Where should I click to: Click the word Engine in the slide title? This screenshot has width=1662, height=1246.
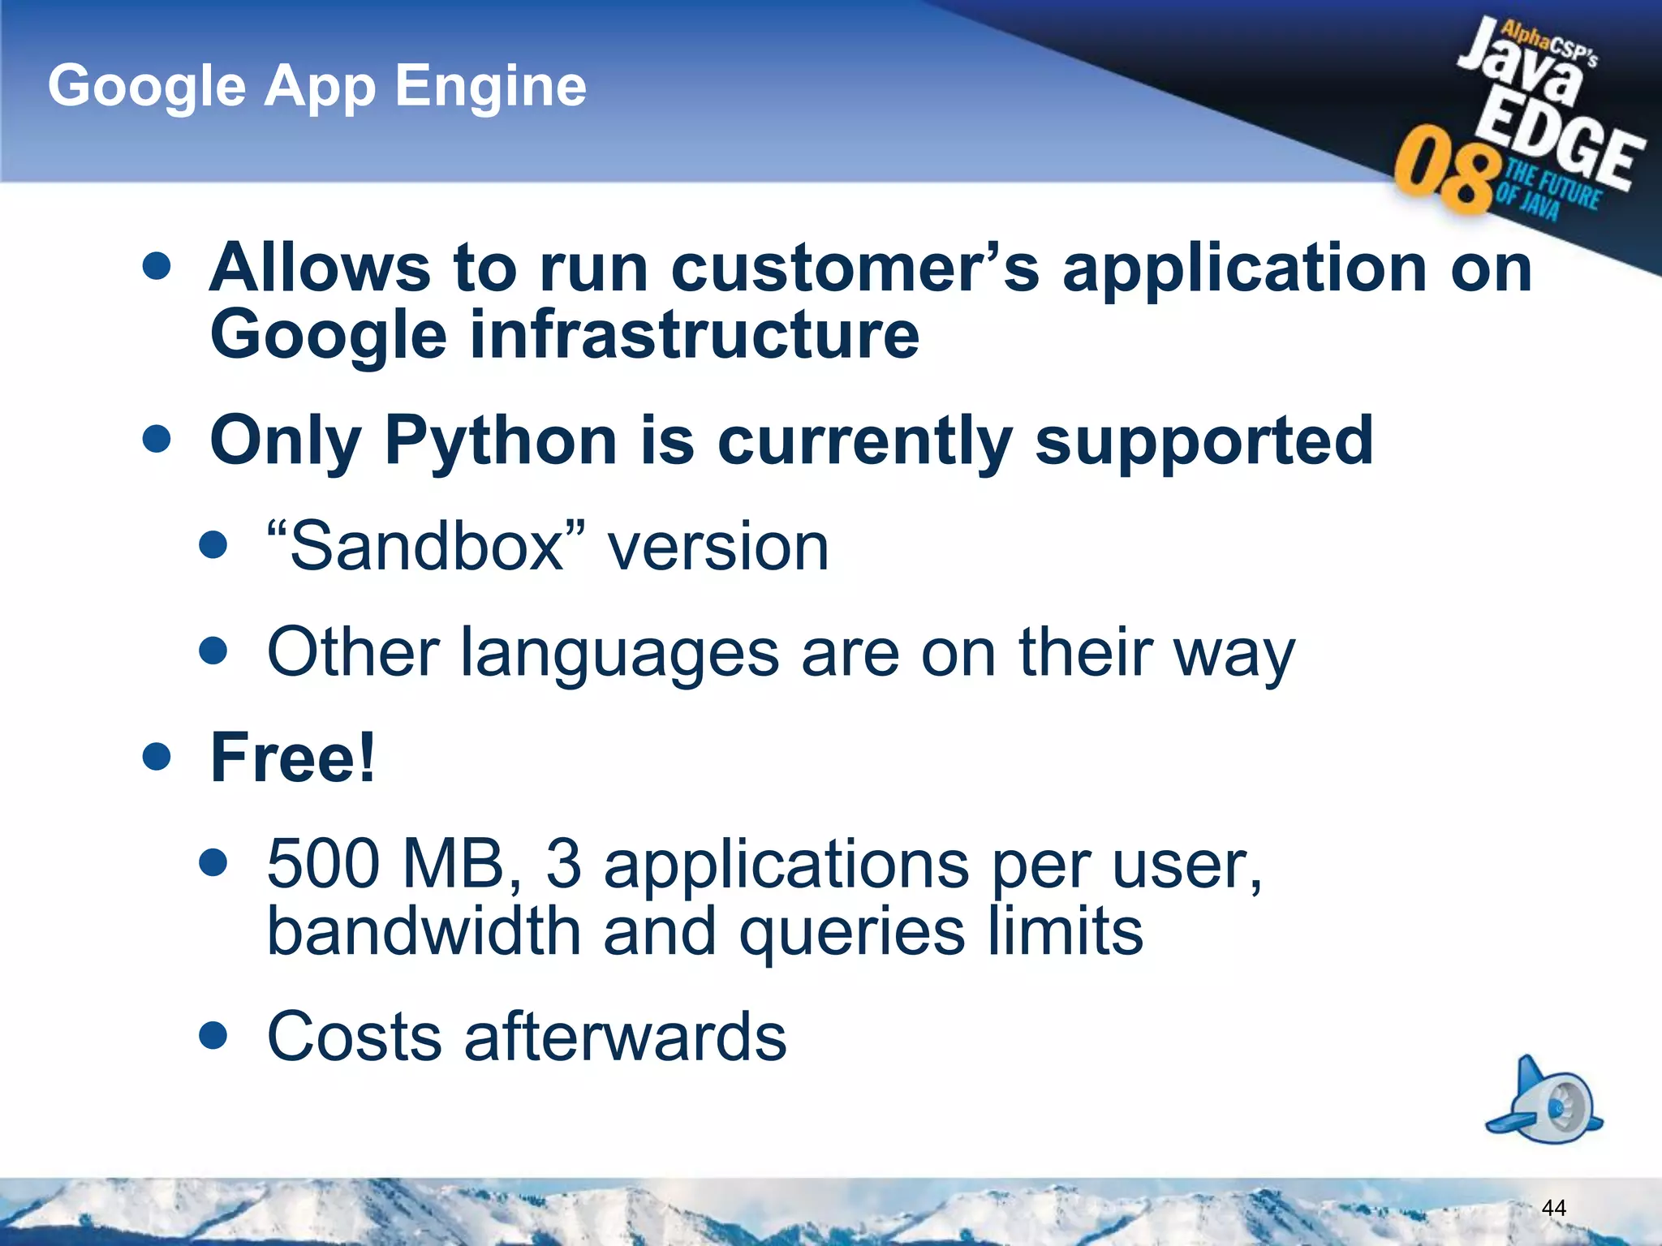coord(490,87)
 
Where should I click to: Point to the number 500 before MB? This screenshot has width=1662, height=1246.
coord(323,863)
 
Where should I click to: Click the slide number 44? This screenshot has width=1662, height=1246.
coord(1552,1208)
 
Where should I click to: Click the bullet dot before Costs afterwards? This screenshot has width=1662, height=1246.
coord(213,1035)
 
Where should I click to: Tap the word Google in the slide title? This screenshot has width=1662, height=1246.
coord(147,87)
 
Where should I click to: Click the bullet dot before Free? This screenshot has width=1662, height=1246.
coord(156,757)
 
